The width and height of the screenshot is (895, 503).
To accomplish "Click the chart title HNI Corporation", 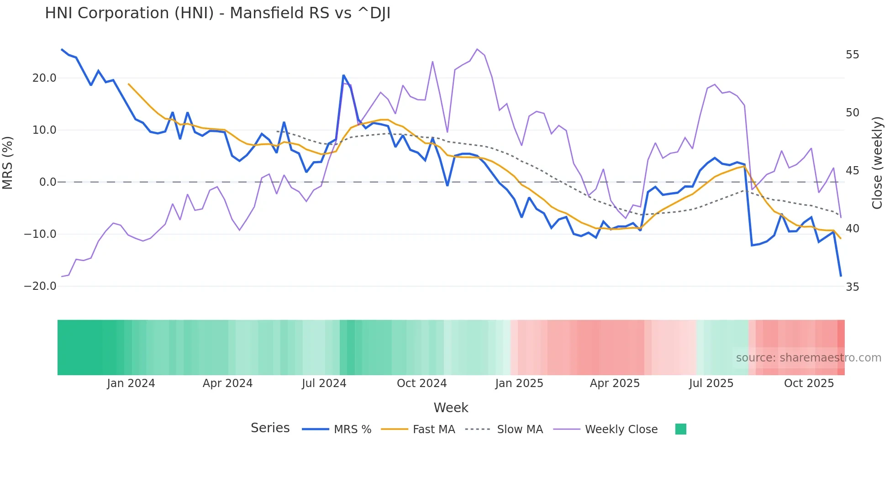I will click(217, 13).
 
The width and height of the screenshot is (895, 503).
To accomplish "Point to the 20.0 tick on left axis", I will click(44, 78).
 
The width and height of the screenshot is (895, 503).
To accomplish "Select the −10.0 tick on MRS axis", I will click(40, 234).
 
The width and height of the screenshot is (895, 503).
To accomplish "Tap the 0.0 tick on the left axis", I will click(47, 182).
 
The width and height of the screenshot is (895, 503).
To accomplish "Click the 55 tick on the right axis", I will click(852, 55).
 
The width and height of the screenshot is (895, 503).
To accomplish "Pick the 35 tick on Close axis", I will click(852, 287).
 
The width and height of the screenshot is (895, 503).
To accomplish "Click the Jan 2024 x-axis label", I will click(131, 383).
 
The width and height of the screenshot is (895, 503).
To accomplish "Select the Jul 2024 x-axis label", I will click(324, 383).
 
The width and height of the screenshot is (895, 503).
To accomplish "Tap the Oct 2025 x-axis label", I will click(809, 383).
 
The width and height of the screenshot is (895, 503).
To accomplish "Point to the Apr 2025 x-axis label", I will click(615, 383).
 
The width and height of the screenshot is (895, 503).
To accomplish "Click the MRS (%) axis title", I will click(8, 162).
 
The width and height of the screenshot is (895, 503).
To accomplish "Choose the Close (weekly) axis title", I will click(877, 163).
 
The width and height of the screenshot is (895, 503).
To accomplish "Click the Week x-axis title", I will click(451, 408).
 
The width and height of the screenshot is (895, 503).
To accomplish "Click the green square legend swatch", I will click(680, 429).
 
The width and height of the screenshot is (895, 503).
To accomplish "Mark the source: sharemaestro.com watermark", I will click(808, 358).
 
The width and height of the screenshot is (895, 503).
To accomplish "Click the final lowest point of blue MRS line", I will click(841, 276).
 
